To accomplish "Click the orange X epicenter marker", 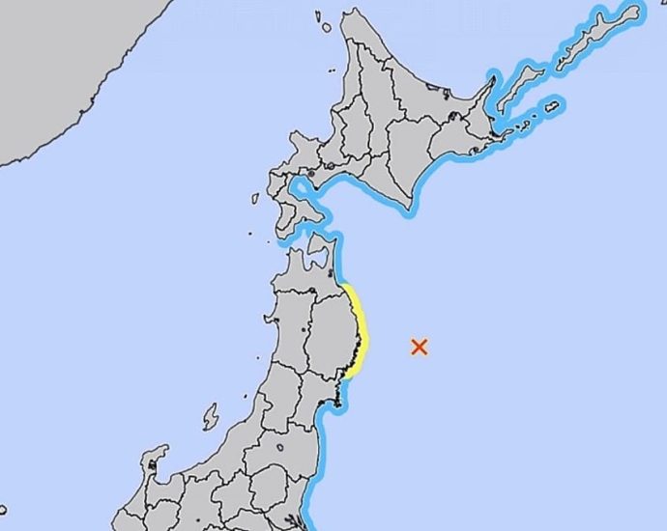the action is pyautogui.click(x=419, y=347).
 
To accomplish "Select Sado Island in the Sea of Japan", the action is pyautogui.click(x=211, y=417).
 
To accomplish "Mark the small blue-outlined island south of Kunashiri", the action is pyautogui.click(x=552, y=106).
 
